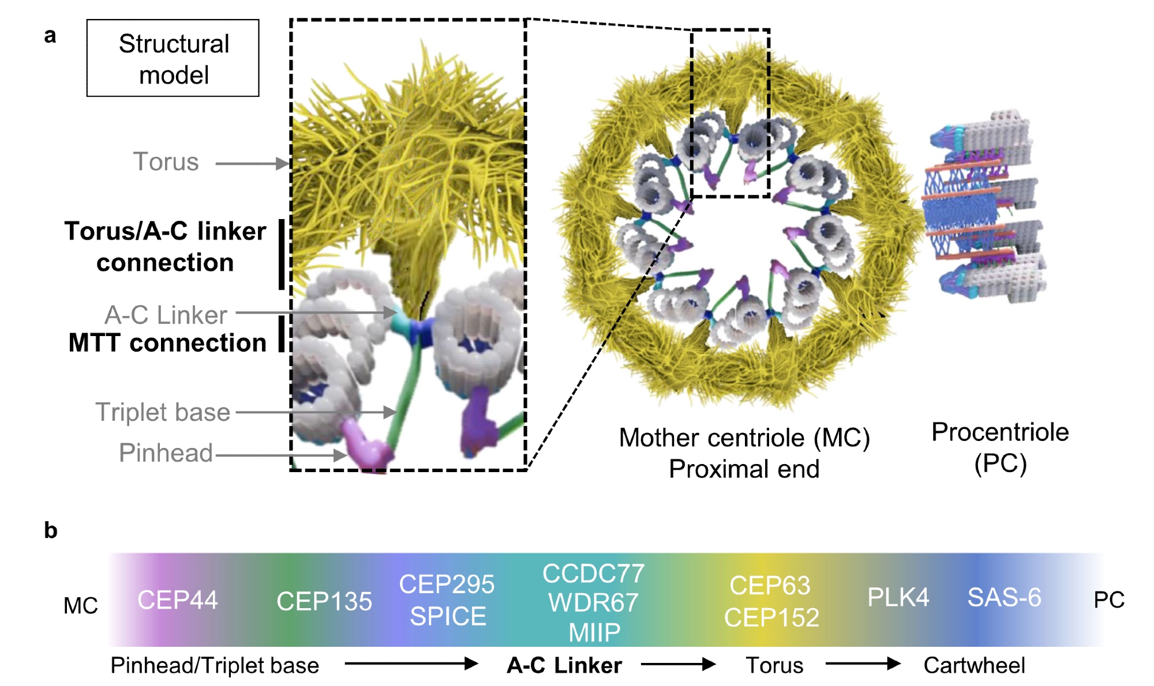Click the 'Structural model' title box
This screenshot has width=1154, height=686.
coord(173,58)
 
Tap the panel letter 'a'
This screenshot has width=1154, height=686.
coord(50,36)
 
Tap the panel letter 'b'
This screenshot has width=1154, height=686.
coord(51,530)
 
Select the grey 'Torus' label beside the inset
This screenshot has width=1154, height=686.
coord(166,162)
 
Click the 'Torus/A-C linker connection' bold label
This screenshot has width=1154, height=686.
coord(165,247)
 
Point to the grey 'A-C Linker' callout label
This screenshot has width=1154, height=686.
coord(166,315)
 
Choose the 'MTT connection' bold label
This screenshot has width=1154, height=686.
coord(167,342)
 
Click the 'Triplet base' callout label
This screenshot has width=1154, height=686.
coord(163,412)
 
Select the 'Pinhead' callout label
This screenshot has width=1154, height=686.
coord(166,453)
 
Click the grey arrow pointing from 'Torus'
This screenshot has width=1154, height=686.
coord(252,164)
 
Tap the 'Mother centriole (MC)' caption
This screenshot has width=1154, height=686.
coord(744,438)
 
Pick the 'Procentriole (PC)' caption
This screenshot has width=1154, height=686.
coord(1000,447)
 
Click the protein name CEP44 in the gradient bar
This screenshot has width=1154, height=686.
coord(178,600)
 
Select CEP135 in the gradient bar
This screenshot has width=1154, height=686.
coord(324,601)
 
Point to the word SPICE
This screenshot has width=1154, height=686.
coord(448,616)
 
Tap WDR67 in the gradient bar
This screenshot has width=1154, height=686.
coord(593,603)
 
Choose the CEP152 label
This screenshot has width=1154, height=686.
coord(771,617)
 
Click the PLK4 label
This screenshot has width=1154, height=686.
coord(898,597)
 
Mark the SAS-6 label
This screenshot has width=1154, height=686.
coord(1004,597)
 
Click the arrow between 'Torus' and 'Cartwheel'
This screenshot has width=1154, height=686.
coord(863,664)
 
